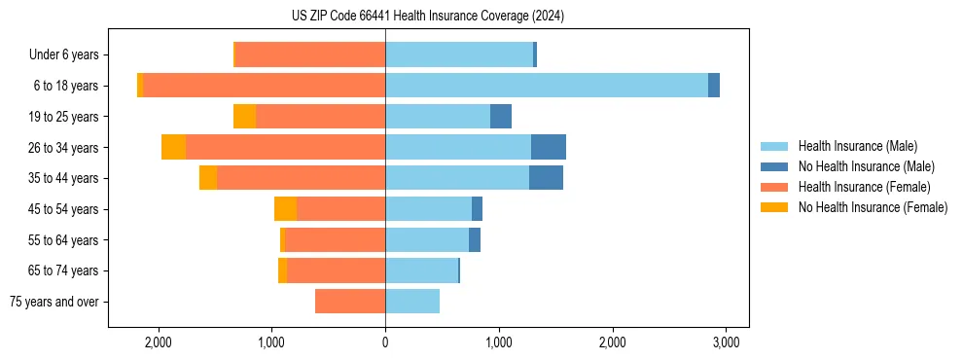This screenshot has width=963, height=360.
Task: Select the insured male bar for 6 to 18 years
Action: pyautogui.click(x=547, y=86)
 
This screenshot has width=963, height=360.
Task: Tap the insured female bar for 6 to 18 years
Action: pyautogui.click(x=264, y=86)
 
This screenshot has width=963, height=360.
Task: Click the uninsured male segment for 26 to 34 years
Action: pyautogui.click(x=549, y=147)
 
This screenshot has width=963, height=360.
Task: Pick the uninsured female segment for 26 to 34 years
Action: pyautogui.click(x=173, y=147)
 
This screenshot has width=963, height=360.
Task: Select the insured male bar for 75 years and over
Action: pyautogui.click(x=412, y=302)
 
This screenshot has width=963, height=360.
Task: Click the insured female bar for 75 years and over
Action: pyautogui.click(x=350, y=302)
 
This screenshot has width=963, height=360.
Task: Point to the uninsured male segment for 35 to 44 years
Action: pyautogui.click(x=546, y=178)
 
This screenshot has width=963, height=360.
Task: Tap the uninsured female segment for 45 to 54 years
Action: pyautogui.click(x=285, y=209)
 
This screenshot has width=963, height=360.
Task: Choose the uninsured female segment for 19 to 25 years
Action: pyautogui.click(x=244, y=117)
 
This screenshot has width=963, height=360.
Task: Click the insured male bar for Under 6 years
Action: pyautogui.click(x=459, y=54)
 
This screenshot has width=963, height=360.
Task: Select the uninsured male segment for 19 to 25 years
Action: pyautogui.click(x=501, y=117)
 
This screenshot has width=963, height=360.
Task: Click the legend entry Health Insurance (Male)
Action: pyautogui.click(x=857, y=146)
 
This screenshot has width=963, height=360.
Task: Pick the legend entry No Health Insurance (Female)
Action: pyautogui.click(x=873, y=207)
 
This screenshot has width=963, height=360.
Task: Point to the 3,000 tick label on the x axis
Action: pyautogui.click(x=725, y=342)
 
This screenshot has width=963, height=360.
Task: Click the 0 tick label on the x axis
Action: pyautogui.click(x=385, y=342)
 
